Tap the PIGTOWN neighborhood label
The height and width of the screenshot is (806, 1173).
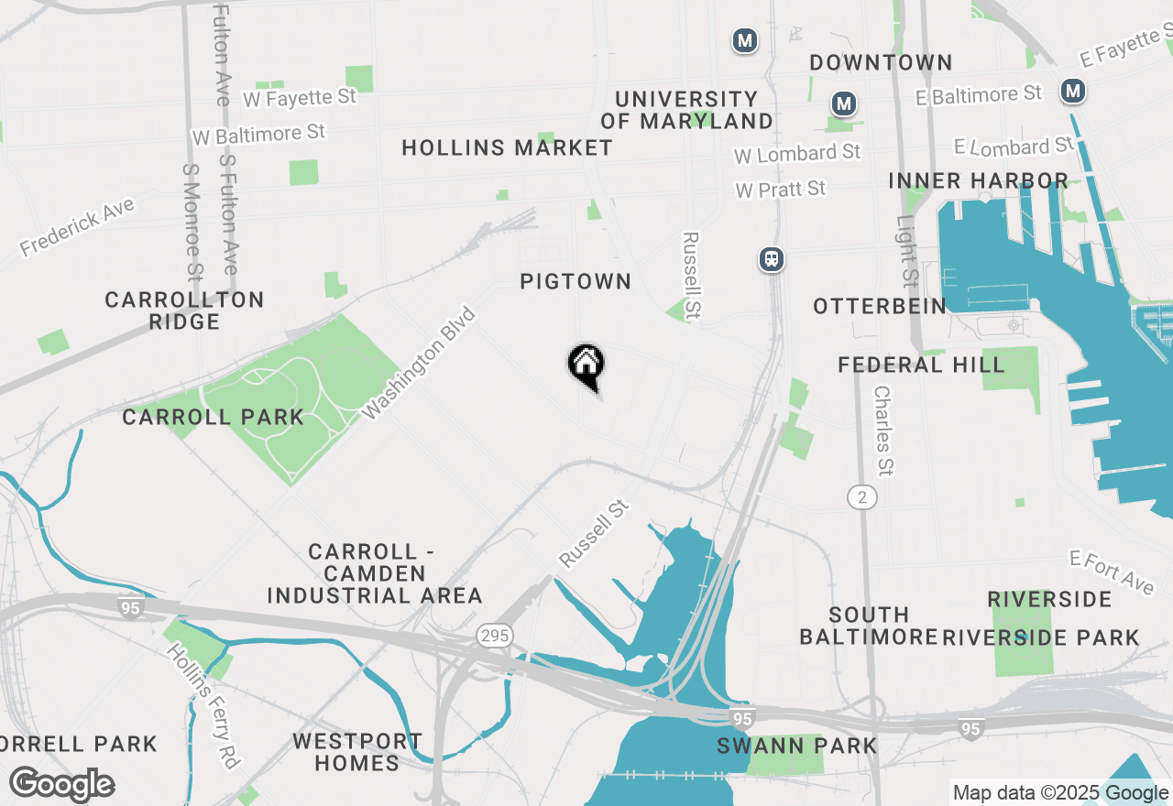pyautogui.click(x=576, y=281)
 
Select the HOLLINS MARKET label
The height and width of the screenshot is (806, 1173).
pyautogui.click(x=507, y=147)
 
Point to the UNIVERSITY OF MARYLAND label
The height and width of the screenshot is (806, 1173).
pyautogui.click(x=686, y=110)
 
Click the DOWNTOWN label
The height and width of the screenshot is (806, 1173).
pyautogui.click(x=881, y=62)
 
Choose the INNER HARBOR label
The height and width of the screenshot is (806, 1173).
pyautogui.click(x=978, y=180)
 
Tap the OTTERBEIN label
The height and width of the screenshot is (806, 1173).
pyautogui.click(x=880, y=306)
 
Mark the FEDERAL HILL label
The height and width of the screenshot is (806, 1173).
pyautogui.click(x=921, y=365)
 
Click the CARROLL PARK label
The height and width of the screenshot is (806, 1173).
pyautogui.click(x=213, y=417)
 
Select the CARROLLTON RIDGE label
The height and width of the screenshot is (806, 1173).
pyautogui.click(x=184, y=310)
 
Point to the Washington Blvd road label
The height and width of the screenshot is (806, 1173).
pyautogui.click(x=420, y=364)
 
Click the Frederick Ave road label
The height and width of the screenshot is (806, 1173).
pyautogui.click(x=77, y=227)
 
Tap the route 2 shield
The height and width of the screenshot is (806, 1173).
pyautogui.click(x=861, y=497)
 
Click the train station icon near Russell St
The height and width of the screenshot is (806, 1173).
pyautogui.click(x=772, y=259)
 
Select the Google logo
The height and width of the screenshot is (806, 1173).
pyautogui.click(x=61, y=785)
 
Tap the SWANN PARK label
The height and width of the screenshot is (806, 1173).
pyautogui.click(x=796, y=746)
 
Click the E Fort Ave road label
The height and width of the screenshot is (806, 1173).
pyautogui.click(x=1112, y=572)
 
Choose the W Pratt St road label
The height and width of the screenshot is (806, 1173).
pyautogui.click(x=780, y=189)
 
